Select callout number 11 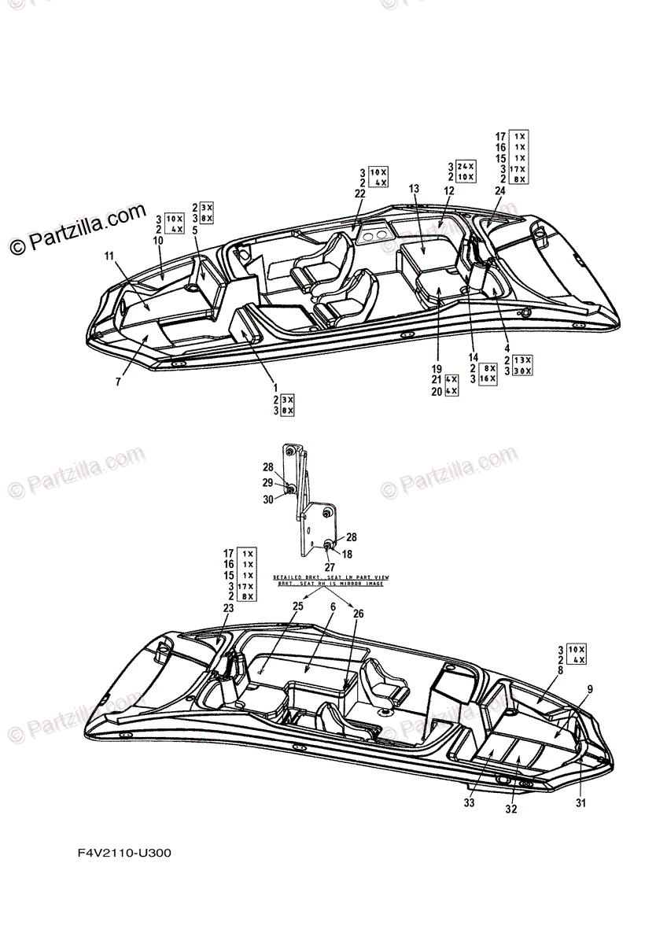point(109,256)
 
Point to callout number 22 point(360,194)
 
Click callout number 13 point(415,188)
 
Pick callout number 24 point(499,190)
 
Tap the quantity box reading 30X point(521,371)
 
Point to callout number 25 point(297,606)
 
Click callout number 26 point(358,614)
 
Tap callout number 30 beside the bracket point(267,499)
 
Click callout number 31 point(580,802)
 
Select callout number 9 point(590,688)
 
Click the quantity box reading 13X point(521,360)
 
